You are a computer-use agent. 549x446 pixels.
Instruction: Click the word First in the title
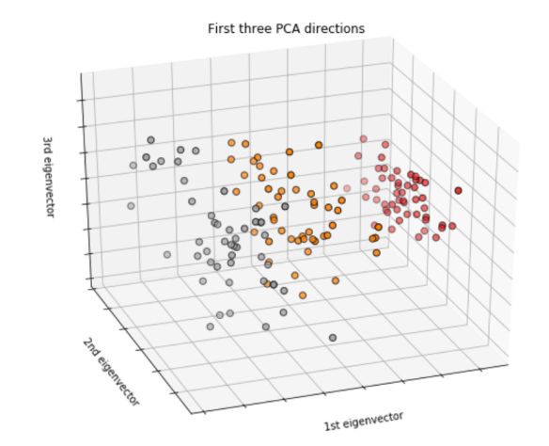point(222,29)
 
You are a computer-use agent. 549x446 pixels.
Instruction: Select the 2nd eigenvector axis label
point(111,371)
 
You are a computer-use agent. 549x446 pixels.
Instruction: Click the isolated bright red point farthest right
point(458,190)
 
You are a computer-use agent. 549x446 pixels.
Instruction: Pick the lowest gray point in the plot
point(332,337)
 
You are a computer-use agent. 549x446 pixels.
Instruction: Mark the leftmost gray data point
point(131,205)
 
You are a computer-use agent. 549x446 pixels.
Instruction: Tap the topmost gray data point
point(150,140)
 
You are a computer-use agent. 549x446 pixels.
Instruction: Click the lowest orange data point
point(303,295)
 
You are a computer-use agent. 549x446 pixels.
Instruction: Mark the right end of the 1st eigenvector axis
point(509,360)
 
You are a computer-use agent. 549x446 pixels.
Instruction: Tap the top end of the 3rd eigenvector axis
point(80,74)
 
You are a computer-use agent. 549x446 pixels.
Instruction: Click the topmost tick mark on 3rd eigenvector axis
point(82,101)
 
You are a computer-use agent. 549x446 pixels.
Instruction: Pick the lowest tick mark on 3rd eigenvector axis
point(89,279)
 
